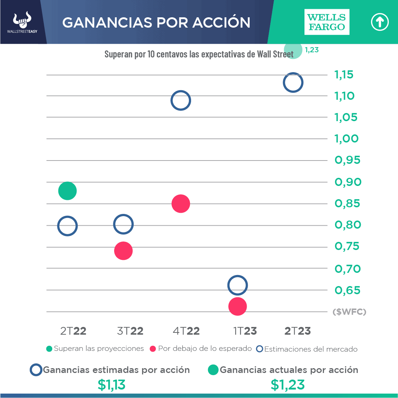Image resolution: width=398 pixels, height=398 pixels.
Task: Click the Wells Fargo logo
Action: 327,22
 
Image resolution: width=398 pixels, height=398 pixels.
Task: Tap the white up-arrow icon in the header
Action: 380,22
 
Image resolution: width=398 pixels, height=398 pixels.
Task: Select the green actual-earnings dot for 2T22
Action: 67,191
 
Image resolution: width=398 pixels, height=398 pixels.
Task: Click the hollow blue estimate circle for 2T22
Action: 67,226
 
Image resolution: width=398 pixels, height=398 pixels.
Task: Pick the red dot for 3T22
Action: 123,251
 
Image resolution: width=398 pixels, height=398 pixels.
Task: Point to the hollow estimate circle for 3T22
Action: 123,224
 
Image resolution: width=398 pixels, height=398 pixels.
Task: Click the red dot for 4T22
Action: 180,204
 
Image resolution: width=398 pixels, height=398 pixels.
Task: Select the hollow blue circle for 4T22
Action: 180,101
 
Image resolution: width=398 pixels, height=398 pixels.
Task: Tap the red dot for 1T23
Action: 237,306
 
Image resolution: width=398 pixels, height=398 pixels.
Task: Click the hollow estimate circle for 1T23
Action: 237,285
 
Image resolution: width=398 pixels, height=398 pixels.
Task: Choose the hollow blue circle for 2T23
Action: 293,82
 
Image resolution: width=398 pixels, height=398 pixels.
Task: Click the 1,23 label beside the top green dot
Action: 312,50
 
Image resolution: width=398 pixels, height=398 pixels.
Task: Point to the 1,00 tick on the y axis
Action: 346,139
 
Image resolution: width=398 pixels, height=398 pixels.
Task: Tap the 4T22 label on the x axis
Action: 186,331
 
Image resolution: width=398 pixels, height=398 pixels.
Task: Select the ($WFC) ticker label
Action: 349,312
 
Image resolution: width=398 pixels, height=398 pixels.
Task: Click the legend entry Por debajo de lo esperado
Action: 201,349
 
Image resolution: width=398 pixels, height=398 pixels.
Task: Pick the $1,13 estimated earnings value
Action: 112,385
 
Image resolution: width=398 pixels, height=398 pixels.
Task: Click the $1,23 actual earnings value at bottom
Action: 288,385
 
